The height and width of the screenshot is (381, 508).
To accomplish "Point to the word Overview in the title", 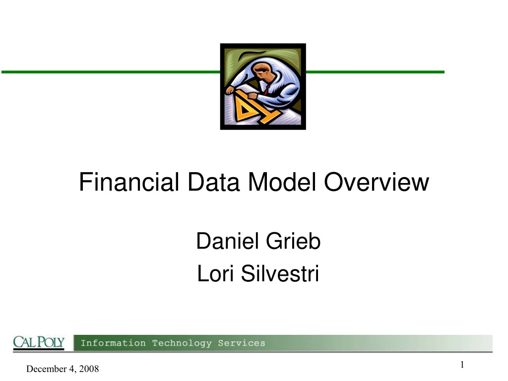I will tap(377, 183).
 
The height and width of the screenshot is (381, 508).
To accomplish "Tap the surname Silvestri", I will tap(280, 274).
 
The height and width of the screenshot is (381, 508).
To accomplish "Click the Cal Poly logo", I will tap(39, 342).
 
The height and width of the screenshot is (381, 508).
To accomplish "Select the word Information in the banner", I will tap(113, 343).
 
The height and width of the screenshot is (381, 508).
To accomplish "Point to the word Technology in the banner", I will tap(183, 343).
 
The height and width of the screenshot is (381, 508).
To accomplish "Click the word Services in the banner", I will tap(243, 343).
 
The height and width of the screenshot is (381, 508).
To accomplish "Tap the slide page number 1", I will tap(462, 365).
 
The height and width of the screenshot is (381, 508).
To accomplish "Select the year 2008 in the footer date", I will tap(89, 369).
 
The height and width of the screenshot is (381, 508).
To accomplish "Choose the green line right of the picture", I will tap(375, 72).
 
